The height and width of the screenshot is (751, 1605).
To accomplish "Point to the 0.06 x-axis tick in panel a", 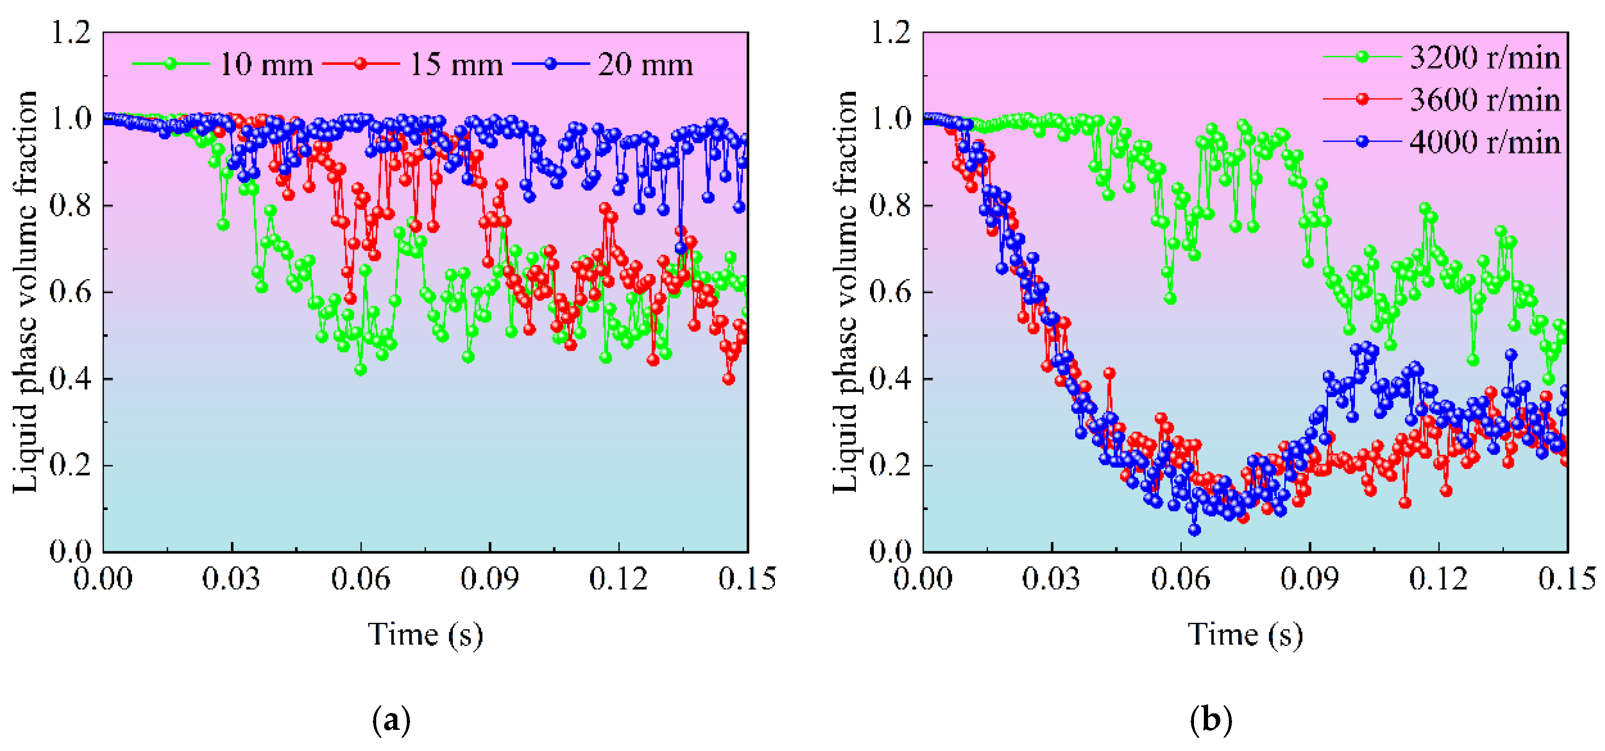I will click(x=360, y=579).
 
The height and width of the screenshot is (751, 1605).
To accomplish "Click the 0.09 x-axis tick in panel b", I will click(x=1309, y=579).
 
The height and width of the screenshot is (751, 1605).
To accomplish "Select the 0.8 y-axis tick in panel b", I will click(x=890, y=205).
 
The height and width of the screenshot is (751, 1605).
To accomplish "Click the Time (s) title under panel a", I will click(x=426, y=634).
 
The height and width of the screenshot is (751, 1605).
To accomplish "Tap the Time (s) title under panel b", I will click(x=1245, y=634).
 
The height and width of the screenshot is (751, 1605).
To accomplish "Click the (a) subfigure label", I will click(x=391, y=720).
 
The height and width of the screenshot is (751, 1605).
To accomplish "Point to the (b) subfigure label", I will click(x=1210, y=720).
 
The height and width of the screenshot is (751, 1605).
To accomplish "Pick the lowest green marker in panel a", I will click(x=360, y=370).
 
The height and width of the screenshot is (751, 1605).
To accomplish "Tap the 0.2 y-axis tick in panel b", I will click(x=890, y=465).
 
